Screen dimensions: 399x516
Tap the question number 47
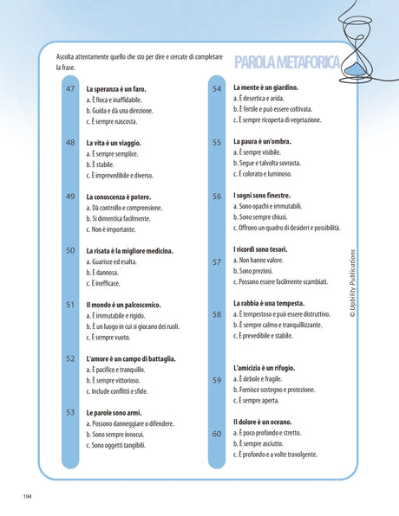70,89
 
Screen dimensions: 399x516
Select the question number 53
70,412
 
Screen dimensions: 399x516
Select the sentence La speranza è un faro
122,89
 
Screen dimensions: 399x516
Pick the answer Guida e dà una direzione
128,111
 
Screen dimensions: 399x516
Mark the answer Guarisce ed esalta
116,261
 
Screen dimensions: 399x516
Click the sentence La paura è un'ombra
270,141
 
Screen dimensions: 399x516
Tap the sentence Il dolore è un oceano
272,422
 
